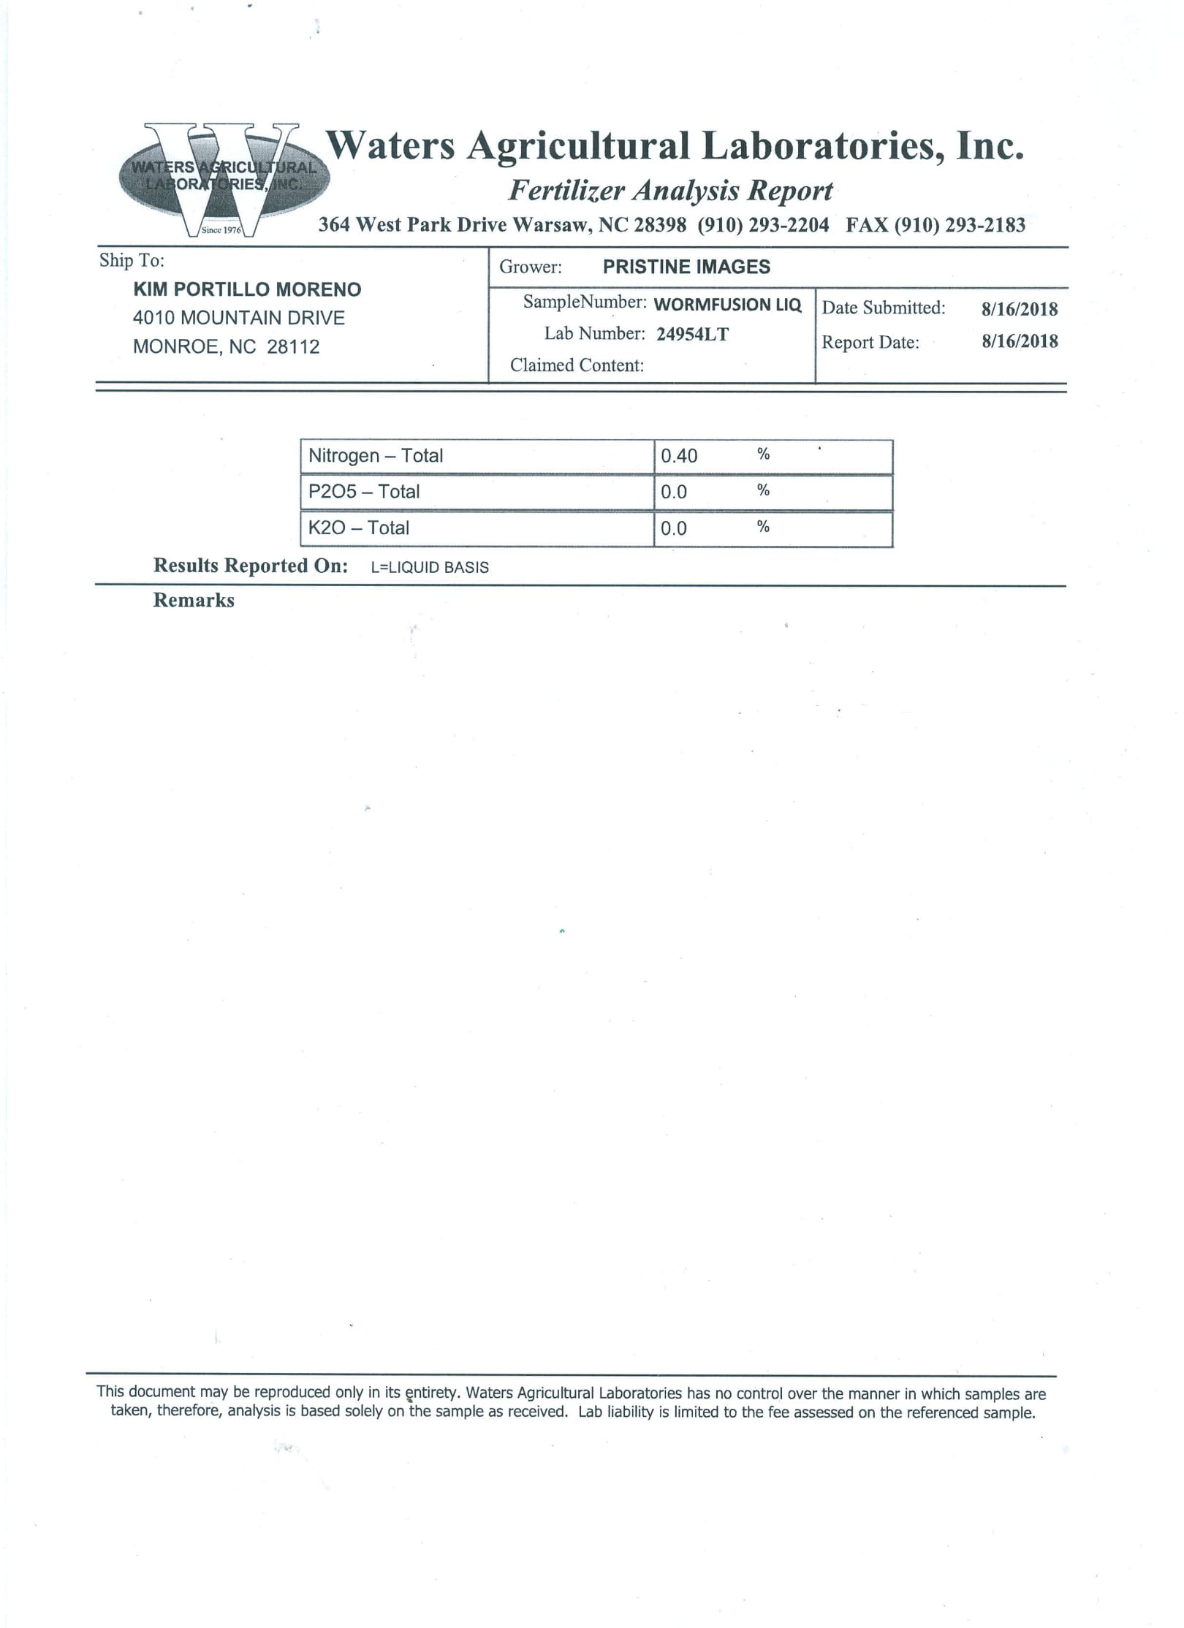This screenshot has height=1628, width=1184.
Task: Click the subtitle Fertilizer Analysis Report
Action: click(x=670, y=191)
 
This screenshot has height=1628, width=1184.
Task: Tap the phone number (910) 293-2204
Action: click(x=763, y=224)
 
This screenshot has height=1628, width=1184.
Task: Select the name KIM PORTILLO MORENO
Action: click(x=247, y=289)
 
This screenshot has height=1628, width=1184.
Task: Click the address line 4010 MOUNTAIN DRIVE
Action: click(x=238, y=318)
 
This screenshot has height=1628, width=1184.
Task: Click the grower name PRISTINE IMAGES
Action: click(x=686, y=267)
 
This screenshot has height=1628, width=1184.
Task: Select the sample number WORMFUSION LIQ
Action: click(x=727, y=304)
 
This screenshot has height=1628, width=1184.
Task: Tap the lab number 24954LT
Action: click(x=692, y=334)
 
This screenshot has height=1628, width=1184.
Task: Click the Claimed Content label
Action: click(x=577, y=365)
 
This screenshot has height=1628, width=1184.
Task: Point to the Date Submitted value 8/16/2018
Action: click(x=1019, y=308)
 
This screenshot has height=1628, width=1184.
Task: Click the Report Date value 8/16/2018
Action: click(x=1019, y=341)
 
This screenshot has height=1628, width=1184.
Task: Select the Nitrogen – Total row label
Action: click(x=376, y=456)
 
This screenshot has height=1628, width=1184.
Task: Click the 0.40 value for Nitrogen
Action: click(x=679, y=456)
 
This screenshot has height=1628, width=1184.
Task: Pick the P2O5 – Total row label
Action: click(x=364, y=492)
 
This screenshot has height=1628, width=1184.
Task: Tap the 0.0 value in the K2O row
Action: click(x=674, y=528)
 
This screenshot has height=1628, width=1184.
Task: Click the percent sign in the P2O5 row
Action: click(x=763, y=490)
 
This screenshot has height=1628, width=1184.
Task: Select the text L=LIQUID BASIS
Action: click(x=430, y=567)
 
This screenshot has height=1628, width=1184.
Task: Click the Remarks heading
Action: click(x=194, y=601)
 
